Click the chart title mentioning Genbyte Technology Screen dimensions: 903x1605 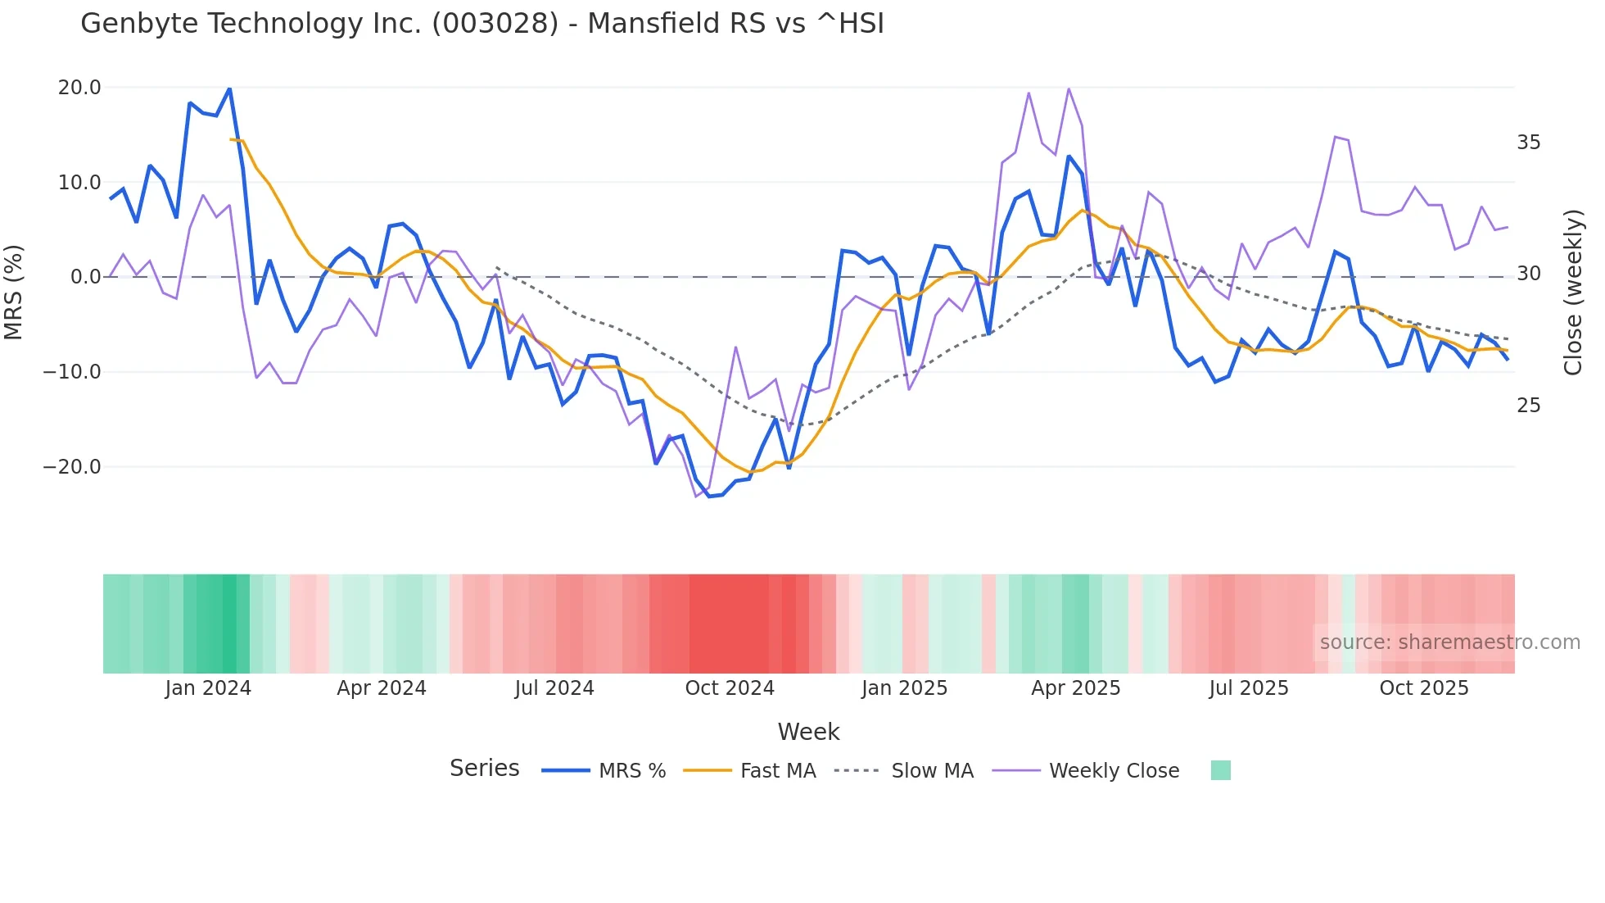(x=481, y=24)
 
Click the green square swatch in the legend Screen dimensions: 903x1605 (x=1220, y=770)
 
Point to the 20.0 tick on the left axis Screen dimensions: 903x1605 (x=79, y=88)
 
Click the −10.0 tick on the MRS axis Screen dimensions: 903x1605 (x=72, y=372)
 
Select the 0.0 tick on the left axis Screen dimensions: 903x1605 (x=85, y=277)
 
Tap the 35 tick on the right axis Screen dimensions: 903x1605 (x=1528, y=143)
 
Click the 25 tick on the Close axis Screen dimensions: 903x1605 (x=1528, y=406)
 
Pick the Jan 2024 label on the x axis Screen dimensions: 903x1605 (x=208, y=688)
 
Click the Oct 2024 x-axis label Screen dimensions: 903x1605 (x=730, y=688)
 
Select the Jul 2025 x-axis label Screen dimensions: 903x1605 (x=1248, y=688)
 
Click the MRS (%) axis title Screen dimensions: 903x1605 (x=14, y=292)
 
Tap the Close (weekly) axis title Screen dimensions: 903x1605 (x=1572, y=293)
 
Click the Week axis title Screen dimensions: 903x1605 (x=808, y=732)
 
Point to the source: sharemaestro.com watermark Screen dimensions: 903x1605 (x=1449, y=642)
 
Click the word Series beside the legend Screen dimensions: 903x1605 (x=484, y=769)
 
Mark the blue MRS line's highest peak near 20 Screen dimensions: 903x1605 (x=229, y=88)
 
